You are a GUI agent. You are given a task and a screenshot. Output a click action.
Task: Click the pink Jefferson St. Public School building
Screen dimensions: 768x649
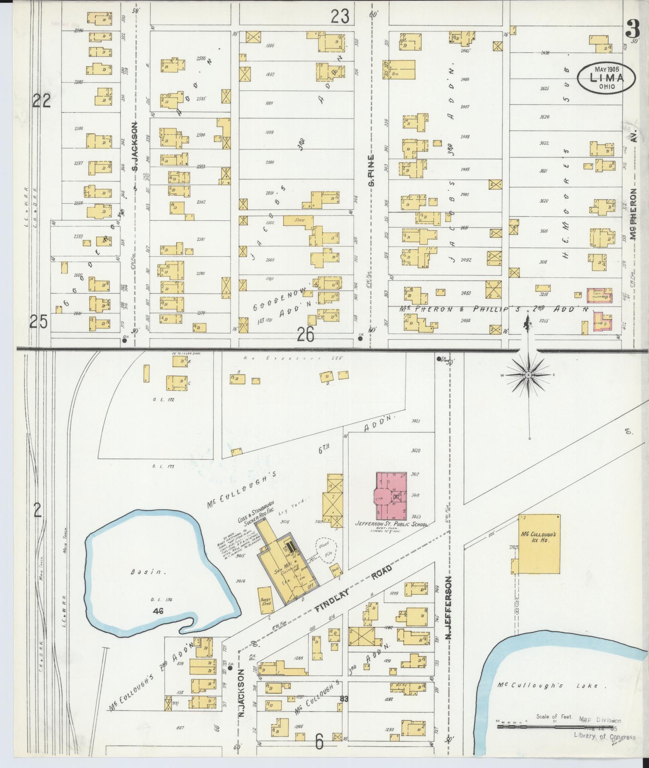click(x=393, y=493)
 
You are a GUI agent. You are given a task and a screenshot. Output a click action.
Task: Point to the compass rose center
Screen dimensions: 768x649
click(x=528, y=375)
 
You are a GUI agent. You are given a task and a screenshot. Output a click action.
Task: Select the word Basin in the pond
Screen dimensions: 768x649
click(x=143, y=572)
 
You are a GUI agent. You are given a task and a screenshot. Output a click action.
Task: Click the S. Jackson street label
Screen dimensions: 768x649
click(x=135, y=147)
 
